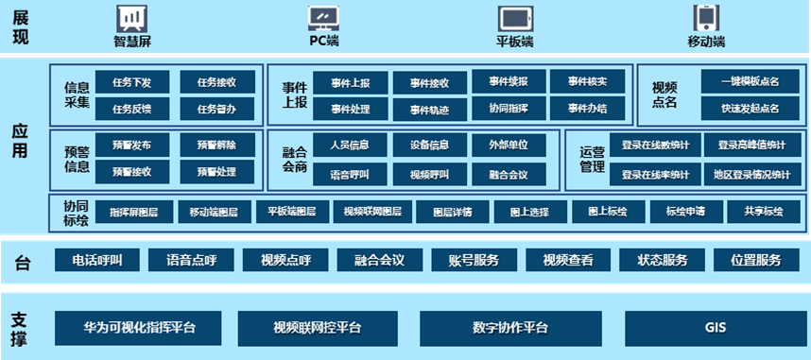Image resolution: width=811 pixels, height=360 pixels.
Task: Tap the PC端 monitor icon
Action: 324,17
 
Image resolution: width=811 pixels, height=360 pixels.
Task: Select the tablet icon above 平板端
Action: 514,18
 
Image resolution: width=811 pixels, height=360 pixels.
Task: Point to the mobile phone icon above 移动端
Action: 706,18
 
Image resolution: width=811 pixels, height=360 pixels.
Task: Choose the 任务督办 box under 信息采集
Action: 216,110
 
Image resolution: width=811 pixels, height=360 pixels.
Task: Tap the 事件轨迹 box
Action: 430,111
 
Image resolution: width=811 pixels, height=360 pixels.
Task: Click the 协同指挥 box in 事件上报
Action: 509,109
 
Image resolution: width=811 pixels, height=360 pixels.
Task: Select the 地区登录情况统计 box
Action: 752,174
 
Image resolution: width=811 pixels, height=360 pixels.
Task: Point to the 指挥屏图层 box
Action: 133,211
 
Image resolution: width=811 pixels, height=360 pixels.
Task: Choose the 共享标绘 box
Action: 765,211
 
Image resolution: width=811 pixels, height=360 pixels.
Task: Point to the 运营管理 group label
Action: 592,160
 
